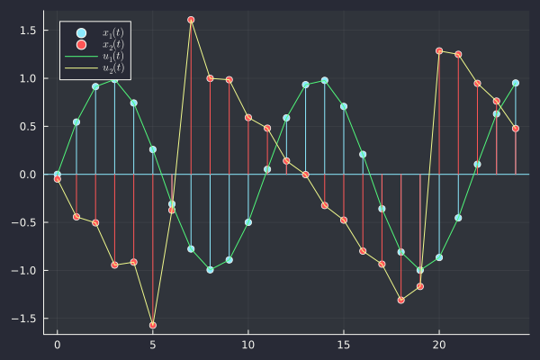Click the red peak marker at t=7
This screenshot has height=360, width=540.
[x=191, y=20]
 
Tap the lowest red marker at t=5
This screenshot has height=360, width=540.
[x=153, y=325]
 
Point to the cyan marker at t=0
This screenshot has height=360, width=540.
[x=58, y=174]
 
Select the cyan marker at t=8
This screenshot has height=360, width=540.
[x=210, y=269]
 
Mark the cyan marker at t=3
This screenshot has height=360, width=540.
[x=114, y=79]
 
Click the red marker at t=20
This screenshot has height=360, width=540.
[x=439, y=51]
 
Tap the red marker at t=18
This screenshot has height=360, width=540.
[x=400, y=300]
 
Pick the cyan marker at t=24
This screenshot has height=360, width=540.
[x=516, y=83]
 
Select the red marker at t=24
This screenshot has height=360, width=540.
[x=516, y=129]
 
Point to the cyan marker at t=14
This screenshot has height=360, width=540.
[x=325, y=80]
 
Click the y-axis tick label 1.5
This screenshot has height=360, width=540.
[x=26, y=31]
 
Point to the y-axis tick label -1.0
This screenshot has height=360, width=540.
[x=23, y=270]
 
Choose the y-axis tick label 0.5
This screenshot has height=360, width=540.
[x=26, y=126]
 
